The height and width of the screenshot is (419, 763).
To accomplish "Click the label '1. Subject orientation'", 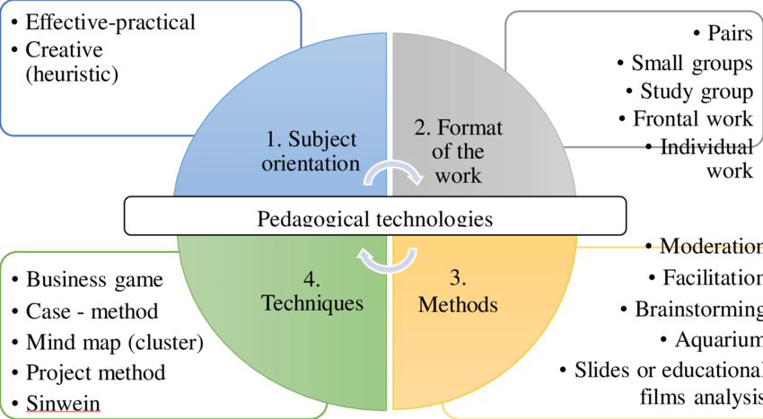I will point(311,152).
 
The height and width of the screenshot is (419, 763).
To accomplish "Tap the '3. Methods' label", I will point(458,304).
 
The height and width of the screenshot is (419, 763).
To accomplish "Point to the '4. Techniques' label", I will point(312,292).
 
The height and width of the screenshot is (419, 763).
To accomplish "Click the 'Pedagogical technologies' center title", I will point(375,219).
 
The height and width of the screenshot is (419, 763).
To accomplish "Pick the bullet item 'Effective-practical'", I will point(110,22).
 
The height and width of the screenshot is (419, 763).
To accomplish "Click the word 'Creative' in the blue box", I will point(64,49).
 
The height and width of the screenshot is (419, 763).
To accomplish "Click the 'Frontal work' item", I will point(692,118).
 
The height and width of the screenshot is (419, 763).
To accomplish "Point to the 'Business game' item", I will point(94,279).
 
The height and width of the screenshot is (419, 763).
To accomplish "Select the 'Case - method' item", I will point(92,311).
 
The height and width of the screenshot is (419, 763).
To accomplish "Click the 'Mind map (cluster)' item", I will point(114,343).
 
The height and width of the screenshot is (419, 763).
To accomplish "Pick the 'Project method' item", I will point(95,372).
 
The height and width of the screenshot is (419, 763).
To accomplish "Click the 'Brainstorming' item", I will point(697,309).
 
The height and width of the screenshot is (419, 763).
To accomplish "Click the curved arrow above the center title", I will point(393,171).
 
